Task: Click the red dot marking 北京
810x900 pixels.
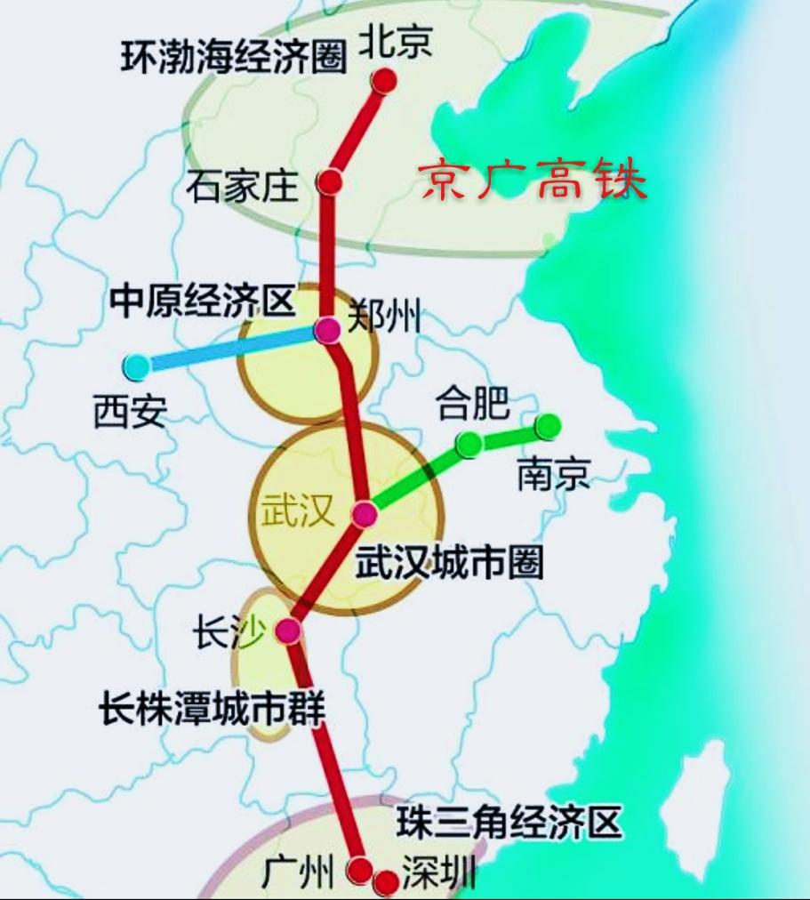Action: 384,81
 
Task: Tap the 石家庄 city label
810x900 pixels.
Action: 241,186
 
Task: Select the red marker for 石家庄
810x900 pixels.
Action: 331,182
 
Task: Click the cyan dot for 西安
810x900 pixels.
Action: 136,365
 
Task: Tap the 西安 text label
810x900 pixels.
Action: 130,412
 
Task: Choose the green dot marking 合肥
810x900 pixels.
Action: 468,443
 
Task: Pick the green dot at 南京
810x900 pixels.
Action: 548,426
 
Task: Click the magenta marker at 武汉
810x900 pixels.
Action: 365,513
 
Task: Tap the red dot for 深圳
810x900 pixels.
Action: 386,882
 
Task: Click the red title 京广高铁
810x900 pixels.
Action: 533,181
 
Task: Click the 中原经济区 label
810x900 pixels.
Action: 202,302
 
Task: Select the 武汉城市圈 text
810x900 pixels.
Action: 449,562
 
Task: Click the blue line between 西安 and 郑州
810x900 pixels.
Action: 231,348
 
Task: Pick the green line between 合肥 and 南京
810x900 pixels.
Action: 508,435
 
